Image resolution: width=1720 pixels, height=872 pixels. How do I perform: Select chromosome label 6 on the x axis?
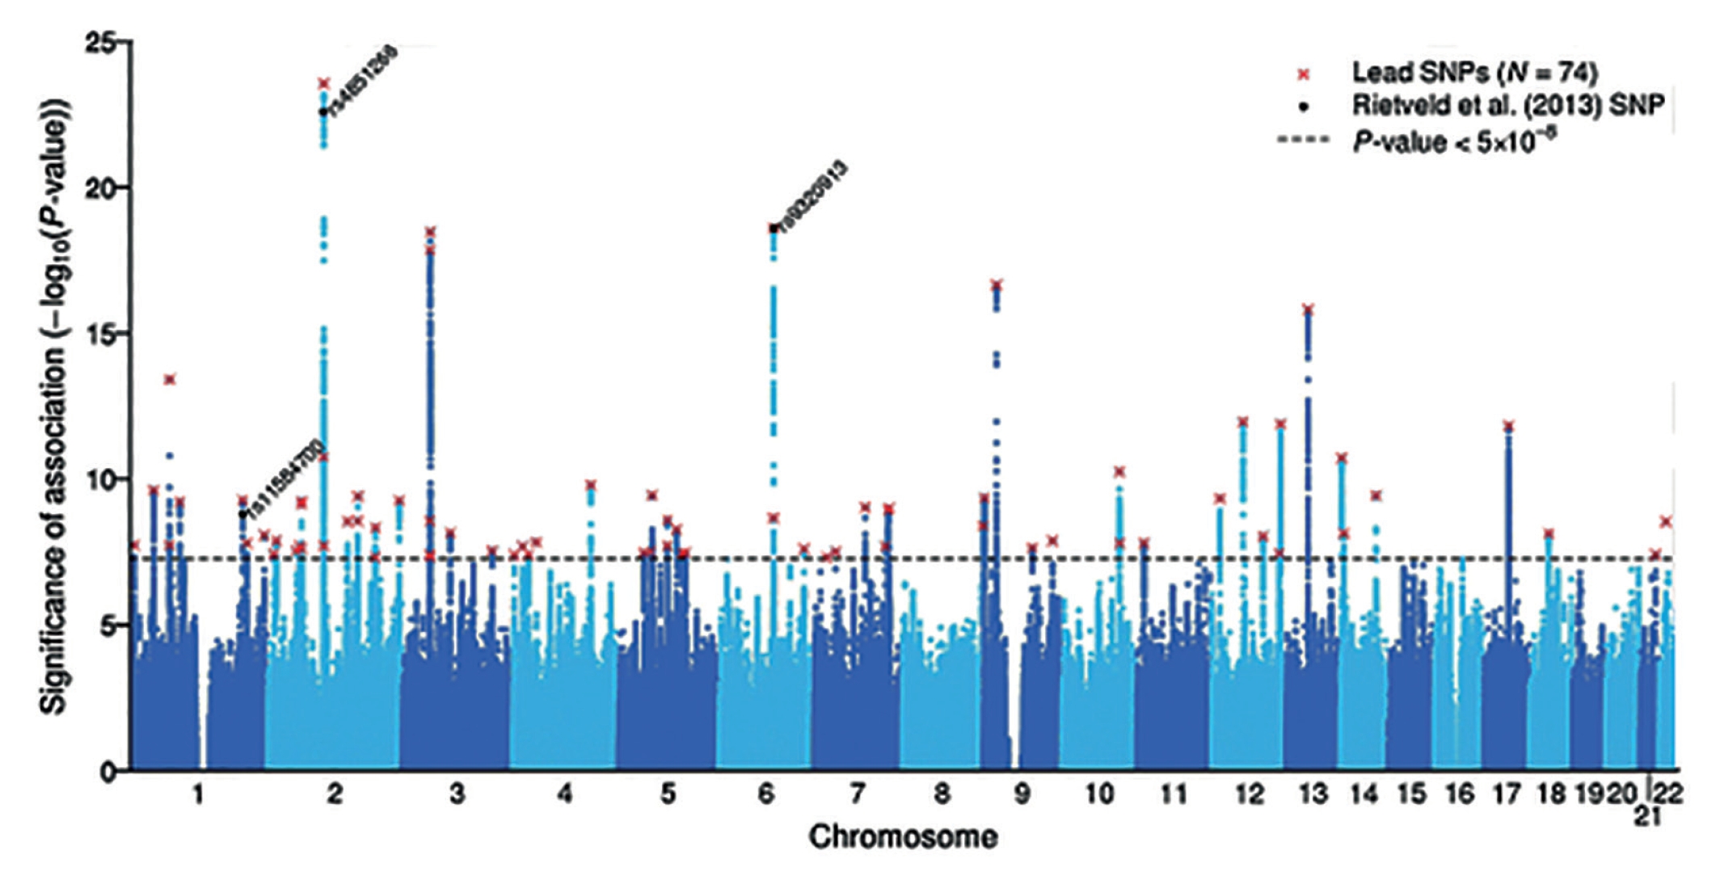[765, 794]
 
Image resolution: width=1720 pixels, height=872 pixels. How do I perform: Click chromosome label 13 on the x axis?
[1313, 794]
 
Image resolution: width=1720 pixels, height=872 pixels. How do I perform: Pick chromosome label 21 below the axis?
[1647, 816]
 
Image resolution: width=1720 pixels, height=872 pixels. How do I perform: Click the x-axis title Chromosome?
[903, 837]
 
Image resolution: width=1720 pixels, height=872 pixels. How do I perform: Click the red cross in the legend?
[1303, 74]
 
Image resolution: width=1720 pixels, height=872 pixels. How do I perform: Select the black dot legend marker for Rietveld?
[1303, 107]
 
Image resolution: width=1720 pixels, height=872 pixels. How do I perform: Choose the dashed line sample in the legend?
[1303, 140]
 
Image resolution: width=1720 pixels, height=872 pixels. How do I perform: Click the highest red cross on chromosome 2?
[324, 83]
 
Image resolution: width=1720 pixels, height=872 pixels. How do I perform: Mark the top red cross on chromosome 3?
[430, 232]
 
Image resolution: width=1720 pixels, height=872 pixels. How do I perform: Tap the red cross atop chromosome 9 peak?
[997, 284]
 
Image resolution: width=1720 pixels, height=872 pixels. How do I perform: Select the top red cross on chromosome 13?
[1309, 310]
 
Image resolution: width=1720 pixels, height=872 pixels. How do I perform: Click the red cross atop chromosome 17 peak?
[1507, 426]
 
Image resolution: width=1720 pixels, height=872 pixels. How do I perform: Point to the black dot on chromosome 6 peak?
[774, 229]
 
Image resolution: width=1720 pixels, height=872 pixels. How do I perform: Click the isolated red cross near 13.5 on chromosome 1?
[170, 379]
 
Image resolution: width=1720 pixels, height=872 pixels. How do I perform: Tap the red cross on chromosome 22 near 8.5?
[1666, 522]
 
